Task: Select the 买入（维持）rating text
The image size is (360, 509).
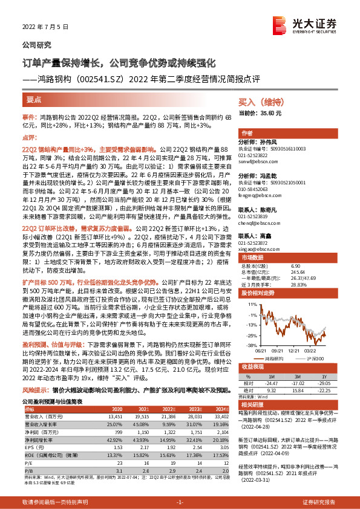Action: [x=260, y=103]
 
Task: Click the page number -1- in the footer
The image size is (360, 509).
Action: [x=180, y=502]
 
